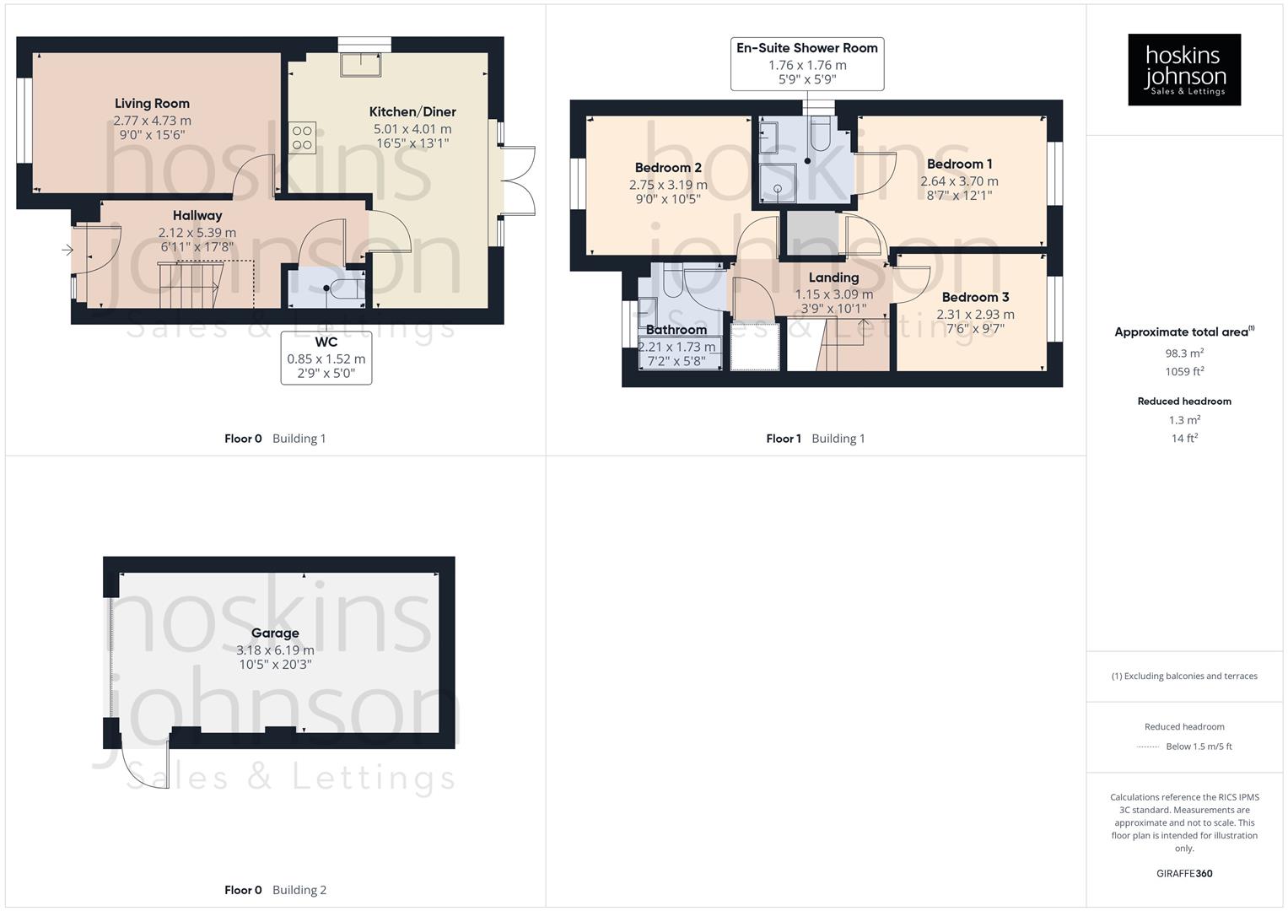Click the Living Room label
152,104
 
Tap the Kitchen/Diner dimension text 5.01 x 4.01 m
412,129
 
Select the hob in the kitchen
303,137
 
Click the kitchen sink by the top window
361,63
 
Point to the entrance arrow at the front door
67,250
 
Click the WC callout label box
326,358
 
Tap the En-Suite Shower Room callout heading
806,48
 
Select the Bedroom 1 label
959,164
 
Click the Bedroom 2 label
668,168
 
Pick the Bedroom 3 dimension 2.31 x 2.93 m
975,315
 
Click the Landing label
833,278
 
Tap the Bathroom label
676,330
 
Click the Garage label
275,633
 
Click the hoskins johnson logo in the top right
1184,70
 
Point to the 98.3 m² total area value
1184,353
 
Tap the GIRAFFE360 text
1184,874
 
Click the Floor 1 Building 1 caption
815,439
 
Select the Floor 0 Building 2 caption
275,890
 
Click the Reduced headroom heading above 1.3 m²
1184,402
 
